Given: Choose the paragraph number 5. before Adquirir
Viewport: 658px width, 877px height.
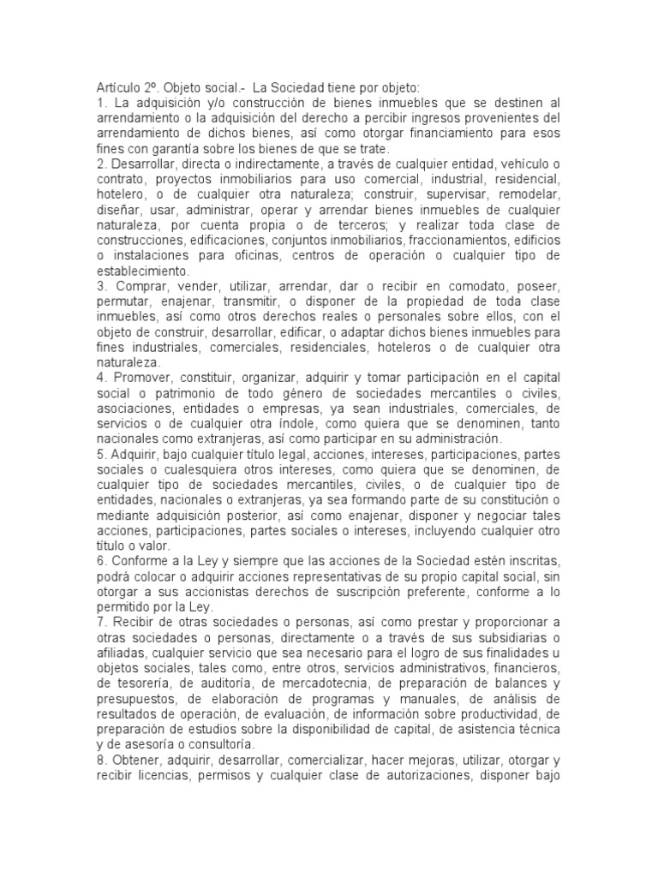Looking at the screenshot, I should point(100,455).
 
